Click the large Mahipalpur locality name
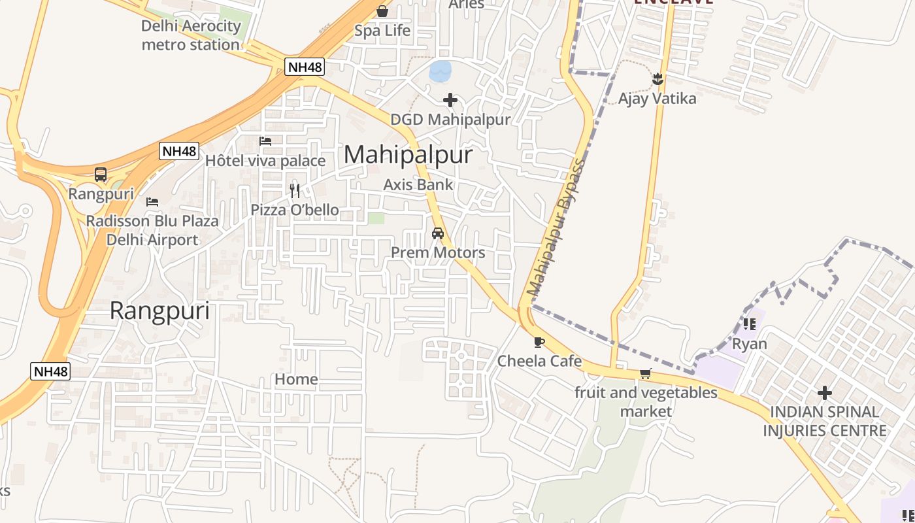[408, 154]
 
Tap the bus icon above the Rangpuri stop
[101, 175]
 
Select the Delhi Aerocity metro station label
[191, 35]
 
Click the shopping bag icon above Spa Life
[382, 11]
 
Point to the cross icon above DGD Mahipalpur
[450, 100]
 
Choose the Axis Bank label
[418, 184]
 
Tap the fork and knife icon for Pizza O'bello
[295, 190]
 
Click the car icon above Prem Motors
[438, 233]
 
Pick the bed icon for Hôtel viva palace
[265, 141]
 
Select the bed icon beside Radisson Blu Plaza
[152, 201]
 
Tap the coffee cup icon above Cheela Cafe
[539, 342]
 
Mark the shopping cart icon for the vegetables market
[646, 373]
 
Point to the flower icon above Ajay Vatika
[657, 79]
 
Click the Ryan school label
[749, 344]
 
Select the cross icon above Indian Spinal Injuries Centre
[825, 393]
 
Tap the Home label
[296, 379]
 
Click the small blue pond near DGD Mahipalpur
[440, 71]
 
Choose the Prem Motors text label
[438, 252]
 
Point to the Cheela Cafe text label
[539, 361]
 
